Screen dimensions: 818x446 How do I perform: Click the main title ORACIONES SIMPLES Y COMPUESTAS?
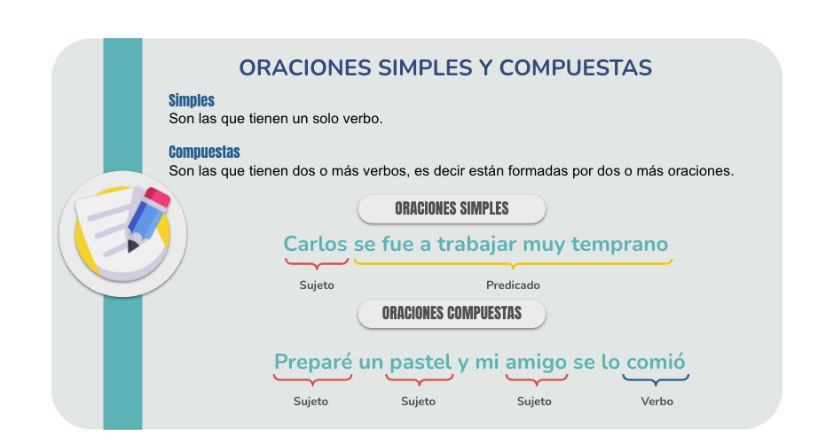tap(445, 67)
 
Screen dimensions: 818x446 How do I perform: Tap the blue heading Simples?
tap(192, 100)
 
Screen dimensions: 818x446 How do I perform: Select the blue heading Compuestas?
tap(204, 152)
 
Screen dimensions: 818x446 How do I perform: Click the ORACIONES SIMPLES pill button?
tap(452, 208)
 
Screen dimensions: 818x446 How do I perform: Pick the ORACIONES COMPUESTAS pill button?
tap(452, 313)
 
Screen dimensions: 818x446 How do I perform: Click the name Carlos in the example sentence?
tap(315, 244)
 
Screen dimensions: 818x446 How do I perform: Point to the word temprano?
tap(619, 245)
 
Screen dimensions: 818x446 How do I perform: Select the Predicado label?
tap(513, 286)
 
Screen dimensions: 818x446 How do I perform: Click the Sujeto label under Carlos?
tap(317, 286)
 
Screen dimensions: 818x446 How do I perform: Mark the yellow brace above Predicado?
tap(513, 264)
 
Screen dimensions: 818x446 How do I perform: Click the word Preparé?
tap(313, 362)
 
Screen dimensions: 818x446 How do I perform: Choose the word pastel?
tap(421, 362)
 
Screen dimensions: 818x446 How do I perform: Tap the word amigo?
tap(536, 362)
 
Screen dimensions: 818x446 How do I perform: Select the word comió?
tap(656, 362)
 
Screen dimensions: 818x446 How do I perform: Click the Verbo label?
tap(657, 401)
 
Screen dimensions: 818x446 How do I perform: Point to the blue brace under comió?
tap(656, 379)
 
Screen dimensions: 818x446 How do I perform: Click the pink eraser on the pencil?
tap(157, 198)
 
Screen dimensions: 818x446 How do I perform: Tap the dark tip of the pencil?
tap(132, 246)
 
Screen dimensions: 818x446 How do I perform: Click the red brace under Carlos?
tap(317, 264)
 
